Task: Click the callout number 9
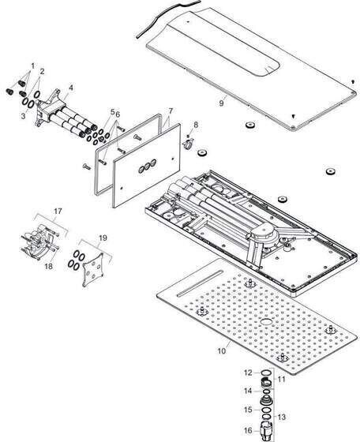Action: [221, 103]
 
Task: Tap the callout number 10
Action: [222, 351]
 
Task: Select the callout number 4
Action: [71, 88]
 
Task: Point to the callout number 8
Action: [196, 125]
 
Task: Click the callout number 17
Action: [58, 212]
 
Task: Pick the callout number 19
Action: [103, 238]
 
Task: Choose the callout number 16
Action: [248, 431]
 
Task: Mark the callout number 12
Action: [248, 373]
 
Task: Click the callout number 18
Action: [49, 266]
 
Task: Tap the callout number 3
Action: [23, 116]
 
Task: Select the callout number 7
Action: [171, 111]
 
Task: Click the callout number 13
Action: [281, 417]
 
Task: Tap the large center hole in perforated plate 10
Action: [265, 322]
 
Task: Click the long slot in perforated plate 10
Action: [200, 283]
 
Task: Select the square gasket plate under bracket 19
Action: [92, 269]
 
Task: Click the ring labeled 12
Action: [265, 373]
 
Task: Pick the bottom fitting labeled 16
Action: [265, 430]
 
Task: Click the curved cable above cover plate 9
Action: [167, 16]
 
